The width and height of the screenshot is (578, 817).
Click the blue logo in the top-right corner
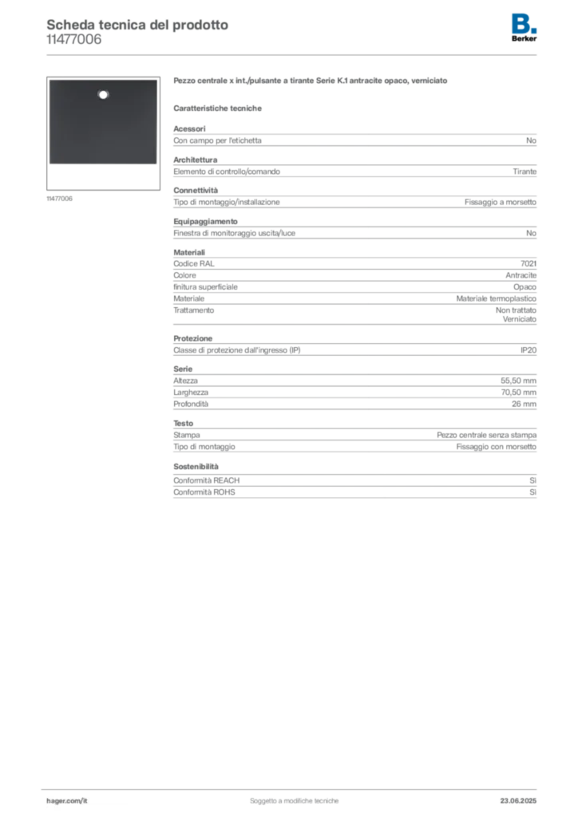(x=525, y=22)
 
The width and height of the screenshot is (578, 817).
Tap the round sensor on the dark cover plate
(x=102, y=95)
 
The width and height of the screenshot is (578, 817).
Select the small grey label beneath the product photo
(x=61, y=198)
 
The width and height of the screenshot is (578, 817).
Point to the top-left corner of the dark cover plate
(x=49, y=80)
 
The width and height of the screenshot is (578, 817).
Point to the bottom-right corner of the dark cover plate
(x=156, y=164)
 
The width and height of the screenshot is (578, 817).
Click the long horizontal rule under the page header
(x=319, y=54)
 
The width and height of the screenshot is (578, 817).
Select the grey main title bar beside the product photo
(x=312, y=82)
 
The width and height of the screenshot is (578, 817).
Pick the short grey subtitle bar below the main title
(x=220, y=108)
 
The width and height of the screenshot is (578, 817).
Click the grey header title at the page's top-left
(x=136, y=25)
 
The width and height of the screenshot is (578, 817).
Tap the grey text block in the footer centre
(x=295, y=796)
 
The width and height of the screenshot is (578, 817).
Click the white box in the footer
(x=89, y=800)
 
